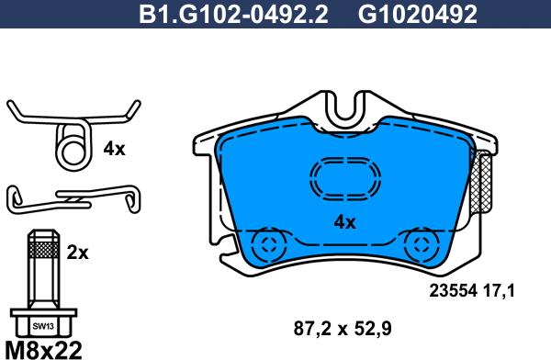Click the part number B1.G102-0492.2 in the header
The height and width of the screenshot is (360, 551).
point(233,15)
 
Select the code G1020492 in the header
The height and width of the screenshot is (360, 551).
point(418,15)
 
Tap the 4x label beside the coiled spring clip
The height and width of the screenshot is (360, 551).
point(114,150)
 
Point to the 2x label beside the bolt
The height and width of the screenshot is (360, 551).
point(78,253)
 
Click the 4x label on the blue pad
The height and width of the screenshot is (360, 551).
point(344,222)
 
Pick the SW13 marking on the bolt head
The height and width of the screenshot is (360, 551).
point(43,327)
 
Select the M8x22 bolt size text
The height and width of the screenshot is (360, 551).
point(44,350)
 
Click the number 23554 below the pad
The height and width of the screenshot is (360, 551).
point(454,291)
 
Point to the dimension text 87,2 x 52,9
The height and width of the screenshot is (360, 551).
point(343,329)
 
